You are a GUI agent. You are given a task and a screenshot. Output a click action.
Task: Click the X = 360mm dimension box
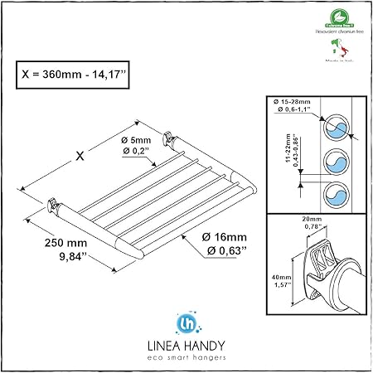click(77, 72)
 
